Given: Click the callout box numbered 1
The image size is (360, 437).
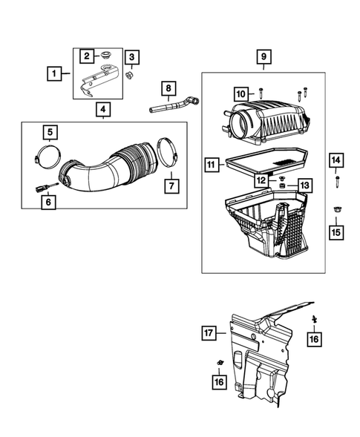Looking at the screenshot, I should [53, 73].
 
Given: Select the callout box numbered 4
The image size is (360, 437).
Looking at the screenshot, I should [103, 110].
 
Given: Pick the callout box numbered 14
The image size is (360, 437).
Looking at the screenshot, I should [336, 160].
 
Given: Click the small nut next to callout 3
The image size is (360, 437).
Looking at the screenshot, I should [128, 74].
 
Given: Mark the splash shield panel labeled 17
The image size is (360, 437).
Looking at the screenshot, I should [267, 349].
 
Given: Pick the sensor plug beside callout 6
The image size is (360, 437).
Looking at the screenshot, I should [43, 186].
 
